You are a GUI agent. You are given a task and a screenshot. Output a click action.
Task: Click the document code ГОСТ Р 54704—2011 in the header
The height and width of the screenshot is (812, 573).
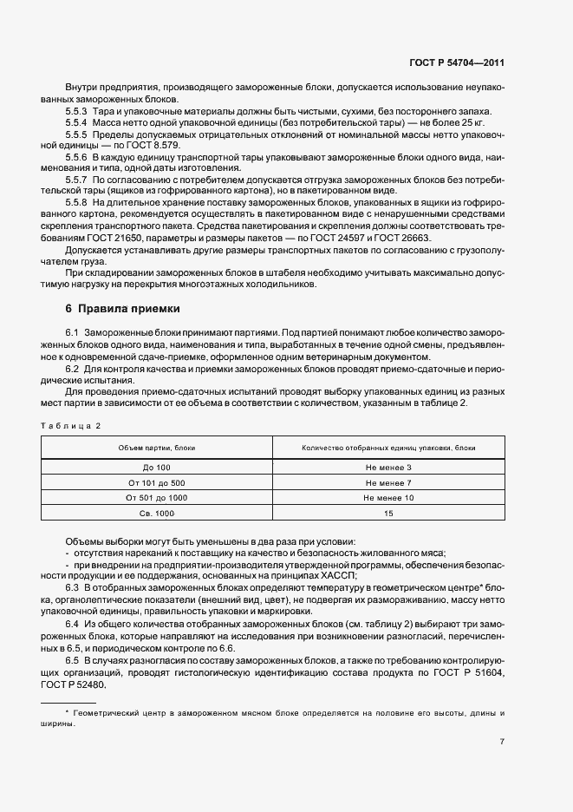point(458,63)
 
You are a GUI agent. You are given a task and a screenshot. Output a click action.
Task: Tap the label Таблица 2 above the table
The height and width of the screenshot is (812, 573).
point(71,425)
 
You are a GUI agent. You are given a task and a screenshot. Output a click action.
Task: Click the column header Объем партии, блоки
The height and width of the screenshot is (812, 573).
point(157,448)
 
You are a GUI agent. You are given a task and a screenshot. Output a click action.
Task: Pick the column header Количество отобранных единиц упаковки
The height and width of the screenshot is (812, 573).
point(388,448)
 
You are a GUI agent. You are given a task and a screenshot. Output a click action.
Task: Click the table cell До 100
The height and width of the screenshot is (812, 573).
point(157,468)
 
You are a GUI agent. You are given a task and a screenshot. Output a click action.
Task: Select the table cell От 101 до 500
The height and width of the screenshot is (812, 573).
point(157,482)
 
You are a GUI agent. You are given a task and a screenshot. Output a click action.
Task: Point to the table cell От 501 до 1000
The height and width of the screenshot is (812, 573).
point(157,498)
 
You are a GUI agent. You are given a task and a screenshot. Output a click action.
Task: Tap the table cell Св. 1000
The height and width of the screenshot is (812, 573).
point(157,513)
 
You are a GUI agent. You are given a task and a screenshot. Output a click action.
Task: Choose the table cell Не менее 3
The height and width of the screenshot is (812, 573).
point(388,468)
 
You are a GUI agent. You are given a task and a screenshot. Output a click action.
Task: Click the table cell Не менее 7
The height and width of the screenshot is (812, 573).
point(388,482)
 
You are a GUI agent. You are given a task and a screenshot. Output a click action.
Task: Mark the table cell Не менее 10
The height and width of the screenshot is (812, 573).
point(388,498)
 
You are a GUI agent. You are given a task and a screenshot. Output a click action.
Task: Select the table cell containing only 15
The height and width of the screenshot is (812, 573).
point(388,513)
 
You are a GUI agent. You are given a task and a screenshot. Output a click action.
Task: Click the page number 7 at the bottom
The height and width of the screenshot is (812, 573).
point(502,742)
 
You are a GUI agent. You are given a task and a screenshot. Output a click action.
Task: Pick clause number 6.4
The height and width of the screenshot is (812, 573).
point(72,625)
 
